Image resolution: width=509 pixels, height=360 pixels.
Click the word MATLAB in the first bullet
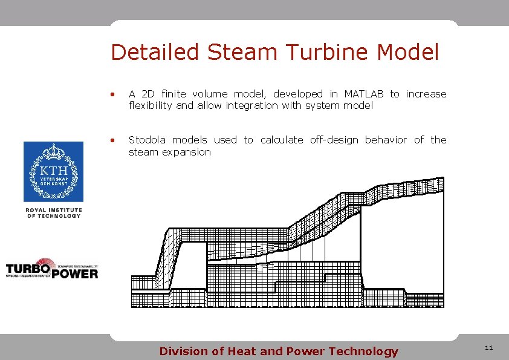pos(364,94)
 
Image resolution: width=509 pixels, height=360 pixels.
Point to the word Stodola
pos(149,140)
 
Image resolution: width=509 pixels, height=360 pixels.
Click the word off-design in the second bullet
pos(334,140)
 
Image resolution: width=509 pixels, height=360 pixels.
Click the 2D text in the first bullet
pos(148,94)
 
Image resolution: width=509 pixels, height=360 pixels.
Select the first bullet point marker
pos(112,94)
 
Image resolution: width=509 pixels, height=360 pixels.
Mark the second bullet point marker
pos(112,141)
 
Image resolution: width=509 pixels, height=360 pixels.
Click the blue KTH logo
pos(53,172)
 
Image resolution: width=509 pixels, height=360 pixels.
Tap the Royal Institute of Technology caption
pos(53,212)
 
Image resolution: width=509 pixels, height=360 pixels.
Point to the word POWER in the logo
pos(74,273)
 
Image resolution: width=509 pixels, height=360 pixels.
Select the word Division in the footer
pos(182,352)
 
